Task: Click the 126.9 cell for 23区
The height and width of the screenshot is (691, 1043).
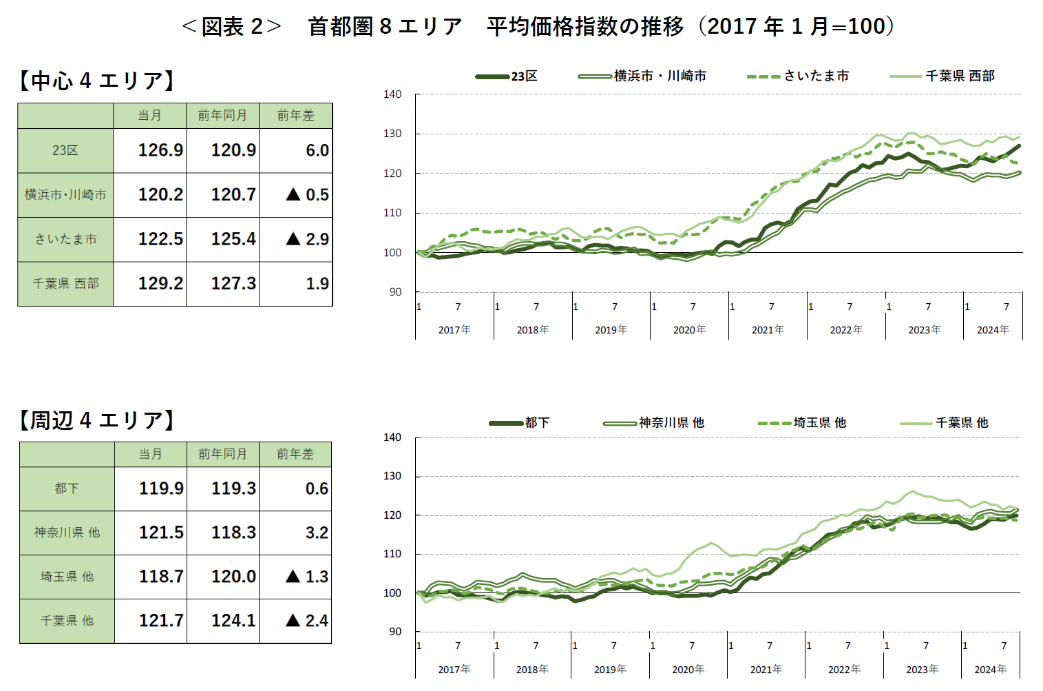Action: (160, 150)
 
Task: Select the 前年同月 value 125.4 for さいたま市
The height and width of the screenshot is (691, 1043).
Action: (233, 239)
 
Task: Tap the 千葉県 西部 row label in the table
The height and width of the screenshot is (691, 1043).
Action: (66, 283)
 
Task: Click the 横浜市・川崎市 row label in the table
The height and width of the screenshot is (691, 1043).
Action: (66, 195)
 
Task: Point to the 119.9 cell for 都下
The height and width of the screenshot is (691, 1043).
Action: (161, 488)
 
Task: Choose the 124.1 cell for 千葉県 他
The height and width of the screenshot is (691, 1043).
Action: (233, 621)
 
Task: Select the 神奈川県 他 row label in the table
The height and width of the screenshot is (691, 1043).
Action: (67, 533)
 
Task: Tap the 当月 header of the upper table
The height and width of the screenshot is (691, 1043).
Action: (149, 116)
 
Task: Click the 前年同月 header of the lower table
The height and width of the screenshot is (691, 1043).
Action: (222, 454)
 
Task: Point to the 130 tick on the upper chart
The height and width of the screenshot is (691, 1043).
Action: (392, 134)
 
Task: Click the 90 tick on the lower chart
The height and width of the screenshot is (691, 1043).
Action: (394, 631)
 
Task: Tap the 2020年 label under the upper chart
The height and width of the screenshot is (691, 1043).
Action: (689, 330)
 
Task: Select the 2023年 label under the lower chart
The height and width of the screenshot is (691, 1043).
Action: (922, 670)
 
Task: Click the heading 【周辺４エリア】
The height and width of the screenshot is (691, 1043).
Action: (96, 420)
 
